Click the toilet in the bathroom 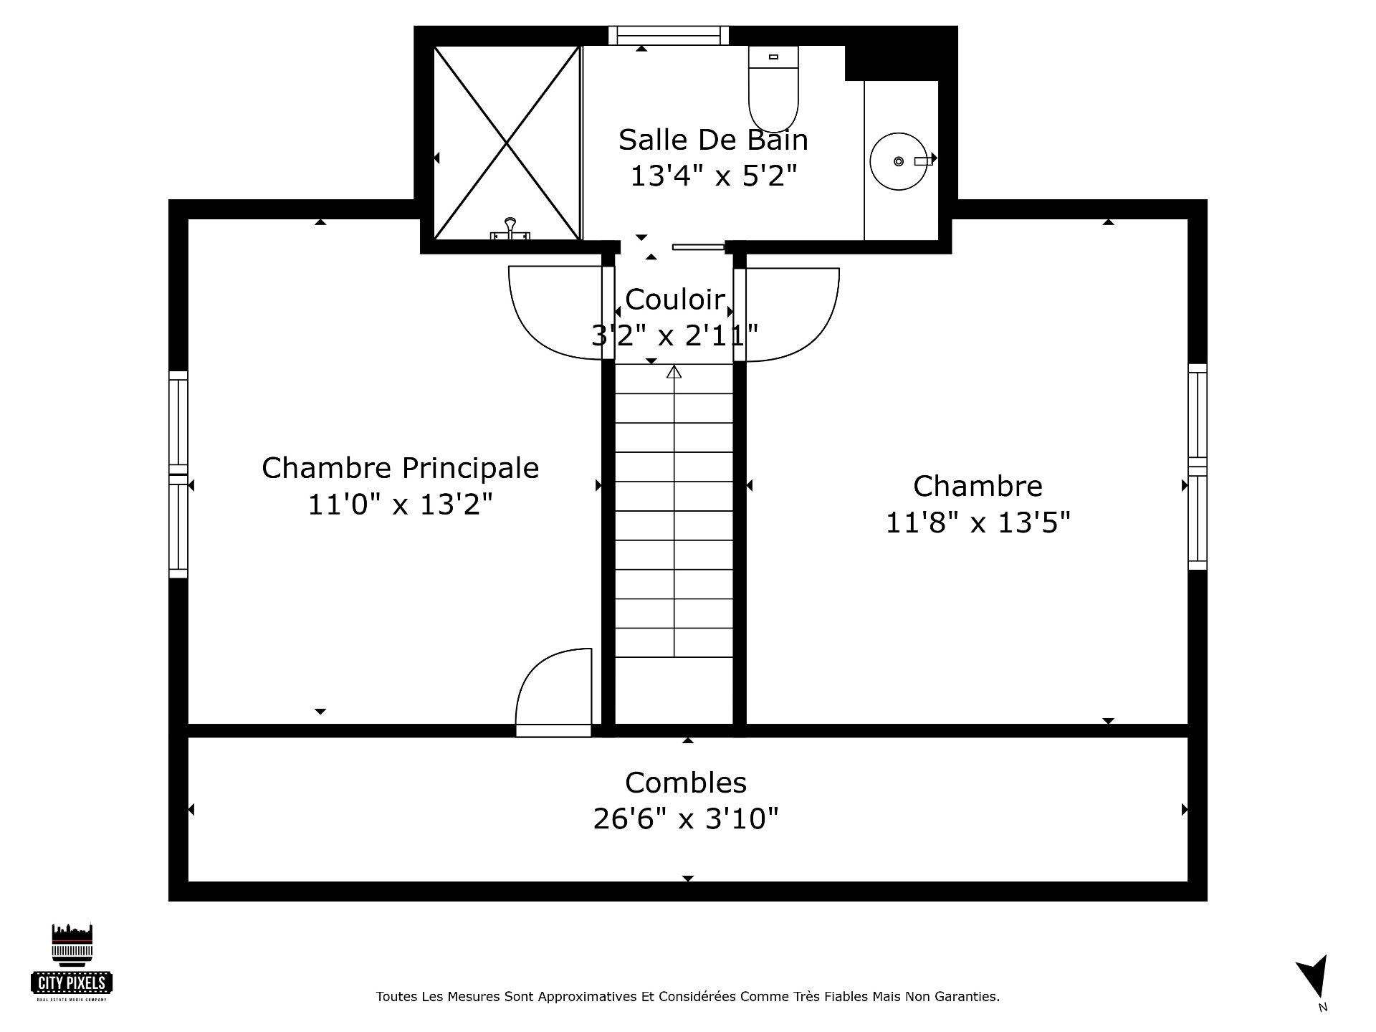coord(773,89)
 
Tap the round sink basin coord(898,161)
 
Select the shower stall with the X coord(507,143)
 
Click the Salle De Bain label coord(713,140)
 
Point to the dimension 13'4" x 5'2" coord(713,176)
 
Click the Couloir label coord(675,300)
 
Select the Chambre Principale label coord(400,469)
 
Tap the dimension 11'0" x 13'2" coord(400,505)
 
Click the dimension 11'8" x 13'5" coord(978,522)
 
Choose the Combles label coord(686,783)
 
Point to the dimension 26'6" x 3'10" coord(686,818)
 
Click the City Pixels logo coord(72,962)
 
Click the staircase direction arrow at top coord(674,372)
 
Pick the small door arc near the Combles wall coord(553,692)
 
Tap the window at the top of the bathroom coord(669,35)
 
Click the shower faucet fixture coord(510,229)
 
